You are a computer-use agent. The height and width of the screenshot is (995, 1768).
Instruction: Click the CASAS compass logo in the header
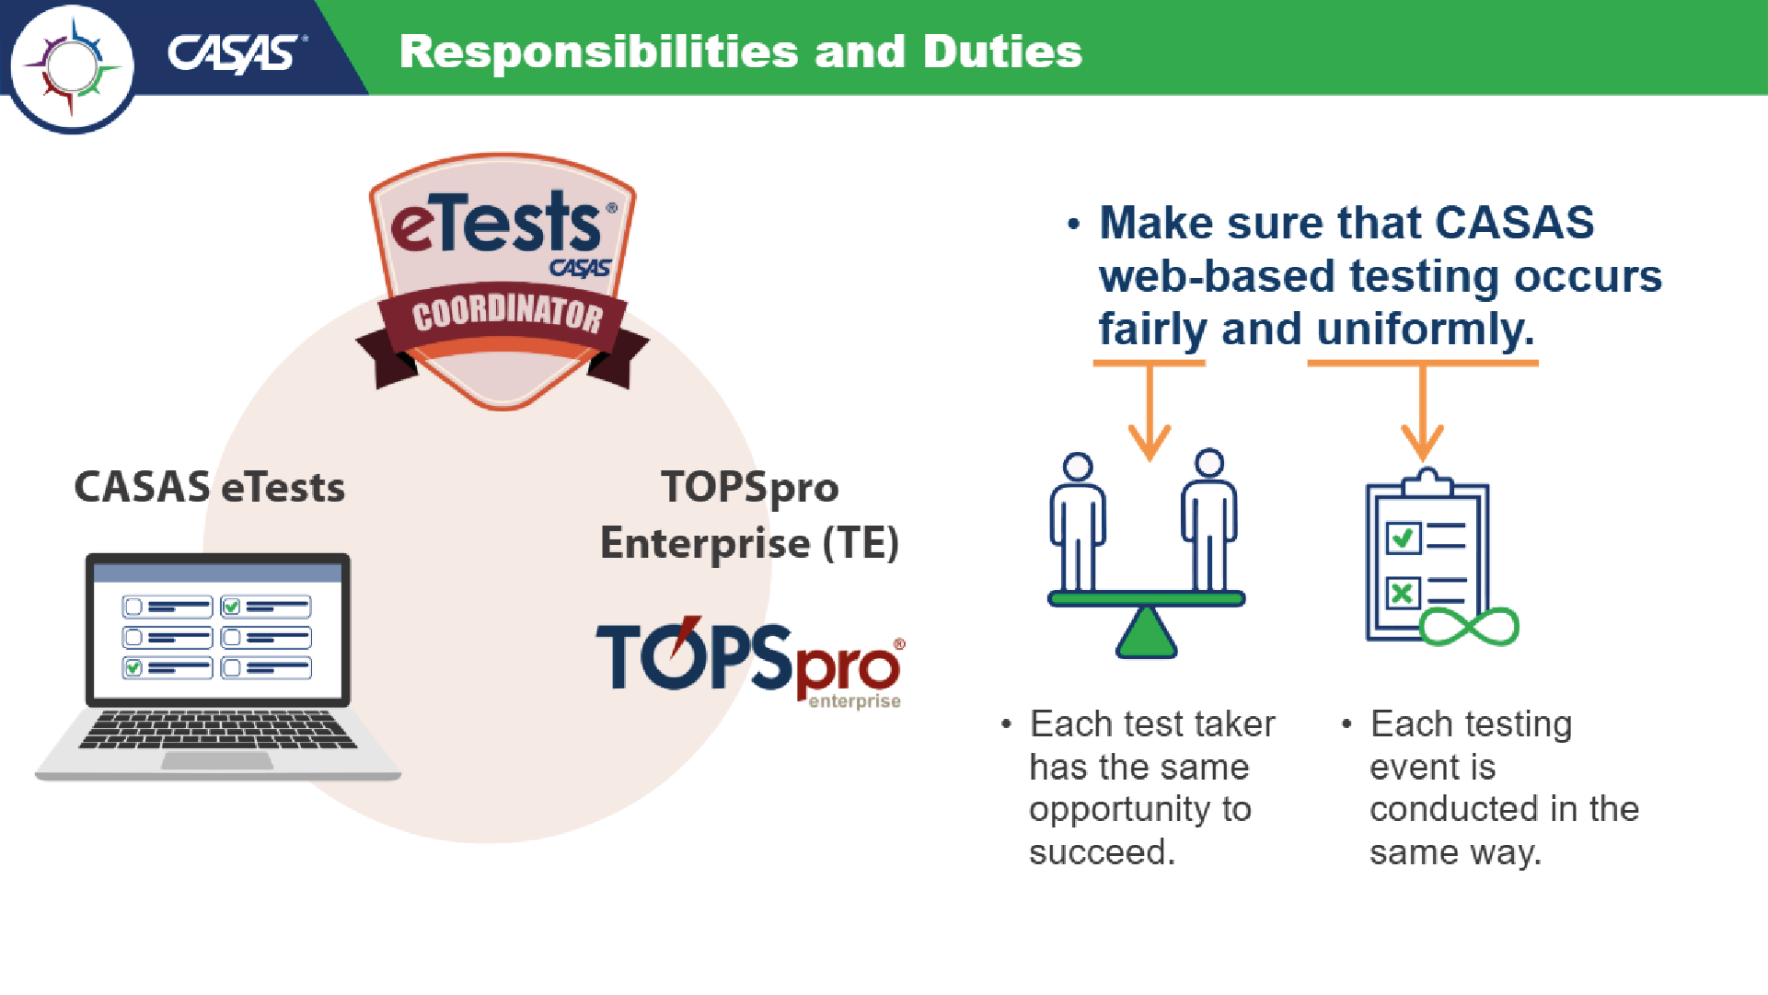pyautogui.click(x=72, y=67)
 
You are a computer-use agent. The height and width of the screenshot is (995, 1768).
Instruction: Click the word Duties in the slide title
pyautogui.click(x=1002, y=52)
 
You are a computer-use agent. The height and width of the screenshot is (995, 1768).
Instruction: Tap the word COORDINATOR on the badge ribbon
pyautogui.click(x=507, y=315)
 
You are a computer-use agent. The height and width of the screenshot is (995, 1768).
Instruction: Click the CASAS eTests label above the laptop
pyautogui.click(x=210, y=487)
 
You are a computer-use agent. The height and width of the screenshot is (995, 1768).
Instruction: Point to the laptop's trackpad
pyautogui.click(x=217, y=760)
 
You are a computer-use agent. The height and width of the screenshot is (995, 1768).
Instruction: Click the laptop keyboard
pyautogui.click(x=217, y=729)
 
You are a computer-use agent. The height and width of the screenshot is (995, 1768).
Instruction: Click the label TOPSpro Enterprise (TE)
pyautogui.click(x=749, y=515)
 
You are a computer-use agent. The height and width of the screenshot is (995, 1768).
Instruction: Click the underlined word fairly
pyautogui.click(x=1152, y=329)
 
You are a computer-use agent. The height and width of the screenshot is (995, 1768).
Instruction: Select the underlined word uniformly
pyautogui.click(x=1426, y=329)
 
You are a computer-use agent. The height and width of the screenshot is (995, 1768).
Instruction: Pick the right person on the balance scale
pyautogui.click(x=1209, y=521)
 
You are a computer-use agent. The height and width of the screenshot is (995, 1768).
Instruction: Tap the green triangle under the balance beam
pyautogui.click(x=1147, y=632)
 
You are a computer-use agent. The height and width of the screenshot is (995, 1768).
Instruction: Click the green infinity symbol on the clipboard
pyautogui.click(x=1470, y=627)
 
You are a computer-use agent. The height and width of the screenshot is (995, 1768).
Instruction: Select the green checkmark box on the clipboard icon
pyautogui.click(x=1404, y=538)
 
